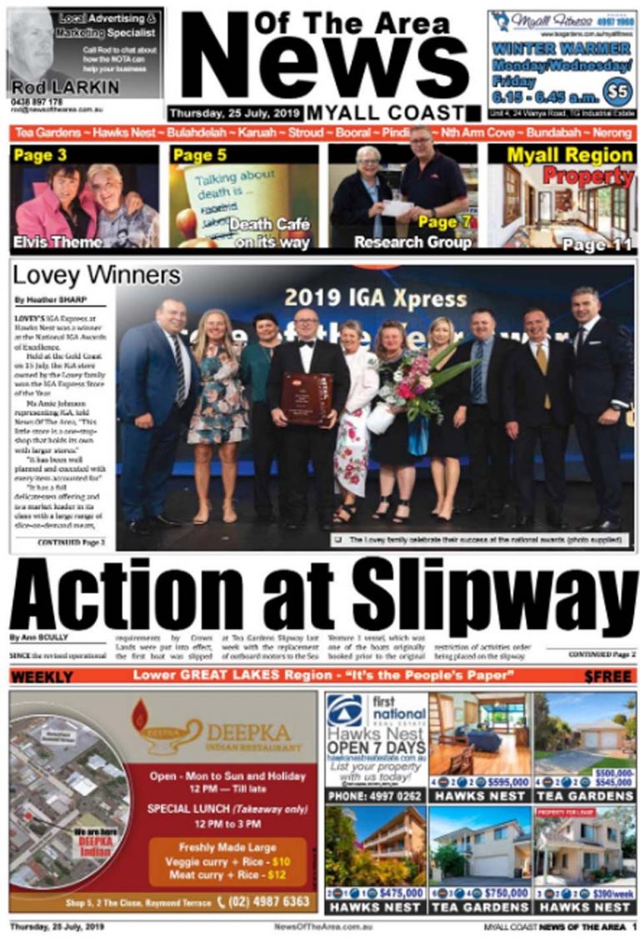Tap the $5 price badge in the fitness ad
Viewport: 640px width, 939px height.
[617, 89]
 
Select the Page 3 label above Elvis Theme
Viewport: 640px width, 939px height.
[40, 156]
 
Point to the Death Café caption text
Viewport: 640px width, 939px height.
[269, 224]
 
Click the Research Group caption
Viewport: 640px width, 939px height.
[412, 242]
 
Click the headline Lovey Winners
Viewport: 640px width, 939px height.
[96, 276]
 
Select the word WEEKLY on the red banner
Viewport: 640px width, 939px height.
[42, 676]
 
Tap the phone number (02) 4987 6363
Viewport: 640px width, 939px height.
[263, 902]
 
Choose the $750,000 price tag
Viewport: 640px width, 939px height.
[502, 892]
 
